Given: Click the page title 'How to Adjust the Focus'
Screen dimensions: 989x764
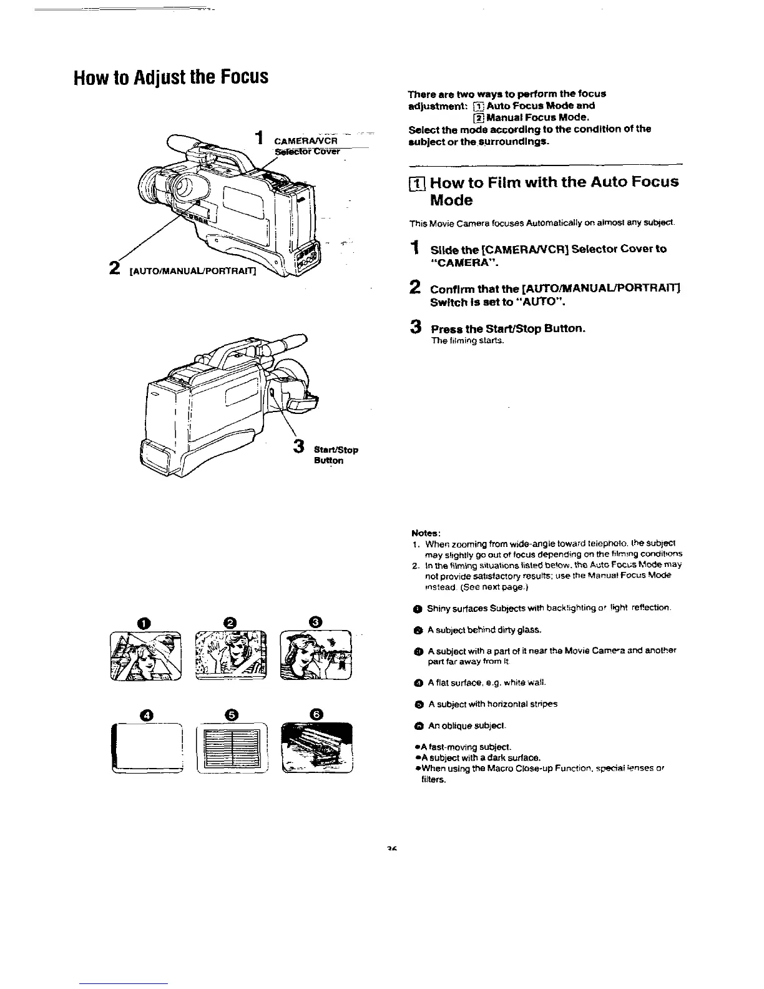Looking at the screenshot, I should click(170, 77).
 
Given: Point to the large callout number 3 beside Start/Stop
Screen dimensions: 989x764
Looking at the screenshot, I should click(299, 446).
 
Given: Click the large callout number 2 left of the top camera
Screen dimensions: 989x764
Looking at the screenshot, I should click(114, 267).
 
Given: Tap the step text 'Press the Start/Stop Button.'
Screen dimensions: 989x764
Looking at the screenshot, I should click(507, 328).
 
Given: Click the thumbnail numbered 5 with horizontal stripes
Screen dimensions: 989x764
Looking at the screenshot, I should click(232, 749).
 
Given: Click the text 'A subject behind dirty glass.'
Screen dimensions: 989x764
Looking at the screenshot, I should click(484, 629).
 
